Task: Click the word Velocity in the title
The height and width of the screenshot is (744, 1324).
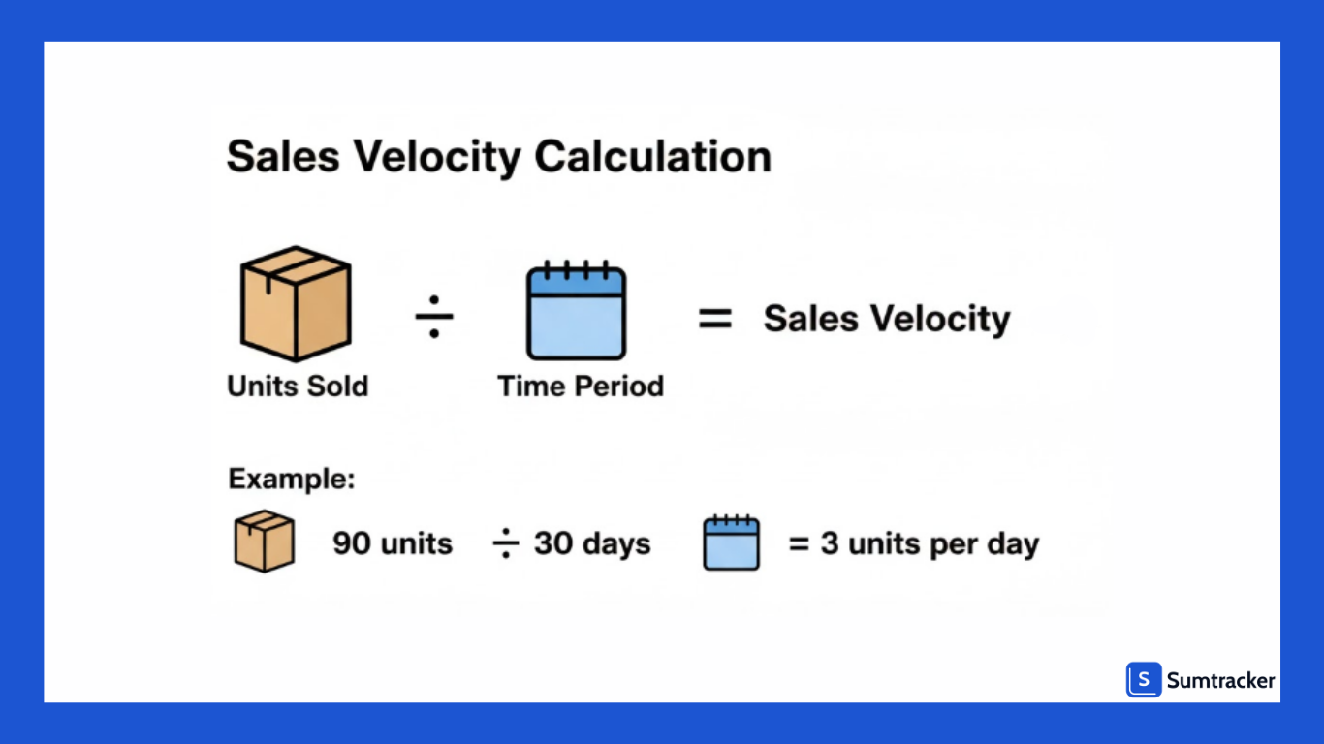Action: (430, 157)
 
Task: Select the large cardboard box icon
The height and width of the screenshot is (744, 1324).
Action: (296, 303)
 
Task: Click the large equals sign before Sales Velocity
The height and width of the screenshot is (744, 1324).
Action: (715, 319)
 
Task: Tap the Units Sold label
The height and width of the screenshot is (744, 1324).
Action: (298, 386)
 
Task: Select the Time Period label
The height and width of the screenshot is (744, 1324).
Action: (581, 386)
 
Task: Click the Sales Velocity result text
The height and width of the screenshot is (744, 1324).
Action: (886, 319)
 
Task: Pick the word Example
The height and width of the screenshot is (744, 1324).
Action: (291, 479)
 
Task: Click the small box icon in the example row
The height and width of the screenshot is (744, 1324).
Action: (264, 541)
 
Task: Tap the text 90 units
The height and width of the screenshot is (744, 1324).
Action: (393, 543)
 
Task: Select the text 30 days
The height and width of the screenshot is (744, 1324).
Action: (592, 543)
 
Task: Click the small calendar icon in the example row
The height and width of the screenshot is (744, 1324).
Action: (731, 542)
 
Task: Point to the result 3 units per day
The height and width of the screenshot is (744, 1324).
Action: (929, 543)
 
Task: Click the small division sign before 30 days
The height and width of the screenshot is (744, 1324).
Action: (506, 544)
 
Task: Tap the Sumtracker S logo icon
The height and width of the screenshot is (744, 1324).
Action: (1144, 680)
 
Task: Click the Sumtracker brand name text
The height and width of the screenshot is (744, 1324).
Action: (1220, 681)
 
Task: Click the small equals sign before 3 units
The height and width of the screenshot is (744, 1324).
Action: (798, 544)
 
